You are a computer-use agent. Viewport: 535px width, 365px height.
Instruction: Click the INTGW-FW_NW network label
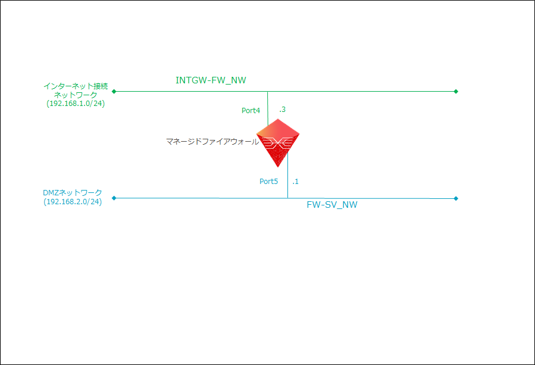211,80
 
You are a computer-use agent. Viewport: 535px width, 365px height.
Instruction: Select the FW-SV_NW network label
332,205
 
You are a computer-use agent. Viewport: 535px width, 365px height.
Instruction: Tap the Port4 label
251,110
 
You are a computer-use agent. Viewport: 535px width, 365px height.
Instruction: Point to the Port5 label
268,182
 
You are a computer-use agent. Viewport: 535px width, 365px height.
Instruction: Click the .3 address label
283,110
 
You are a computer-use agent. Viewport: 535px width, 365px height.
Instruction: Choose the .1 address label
295,181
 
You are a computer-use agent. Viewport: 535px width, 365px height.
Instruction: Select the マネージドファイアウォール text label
212,142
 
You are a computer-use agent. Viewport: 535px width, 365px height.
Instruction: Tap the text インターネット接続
76,86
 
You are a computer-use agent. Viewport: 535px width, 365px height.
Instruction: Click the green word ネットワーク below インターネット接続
76,95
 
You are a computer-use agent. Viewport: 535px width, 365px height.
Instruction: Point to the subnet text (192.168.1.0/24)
76,103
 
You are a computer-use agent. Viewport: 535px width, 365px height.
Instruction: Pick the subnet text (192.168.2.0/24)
73,201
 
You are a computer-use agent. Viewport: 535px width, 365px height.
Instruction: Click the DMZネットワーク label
73,193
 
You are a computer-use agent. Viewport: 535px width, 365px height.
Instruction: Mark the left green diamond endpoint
114,92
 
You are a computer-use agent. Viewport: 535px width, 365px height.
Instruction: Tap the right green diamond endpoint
456,92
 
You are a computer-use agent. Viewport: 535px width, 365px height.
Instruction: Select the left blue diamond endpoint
114,198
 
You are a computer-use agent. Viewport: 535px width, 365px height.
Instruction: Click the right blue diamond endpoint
456,198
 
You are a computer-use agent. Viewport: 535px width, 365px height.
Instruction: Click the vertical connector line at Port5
288,179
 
